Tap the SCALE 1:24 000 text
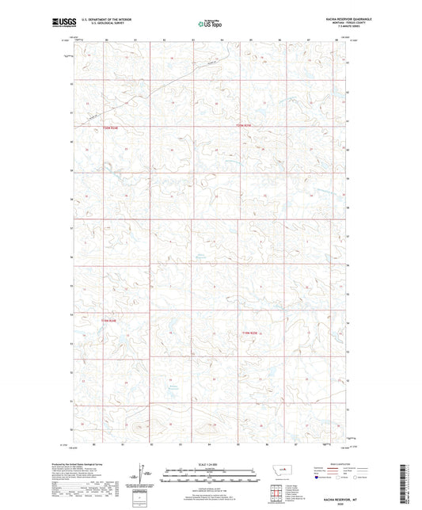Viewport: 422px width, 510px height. [x=210, y=464]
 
